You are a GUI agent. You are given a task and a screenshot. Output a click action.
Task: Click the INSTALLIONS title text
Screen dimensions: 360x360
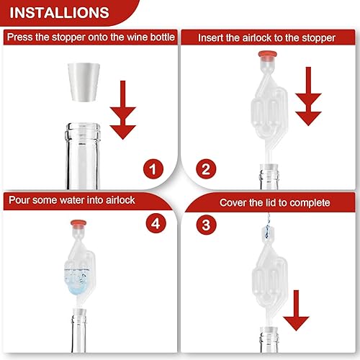59,13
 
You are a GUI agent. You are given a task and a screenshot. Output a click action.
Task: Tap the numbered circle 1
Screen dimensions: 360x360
153,169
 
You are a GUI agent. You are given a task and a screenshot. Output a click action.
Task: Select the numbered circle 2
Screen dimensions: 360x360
206,169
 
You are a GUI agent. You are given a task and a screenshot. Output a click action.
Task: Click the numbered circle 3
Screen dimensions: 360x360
206,225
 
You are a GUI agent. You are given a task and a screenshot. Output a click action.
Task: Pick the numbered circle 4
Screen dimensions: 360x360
156,224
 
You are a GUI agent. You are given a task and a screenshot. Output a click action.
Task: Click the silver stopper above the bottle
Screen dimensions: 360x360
84,82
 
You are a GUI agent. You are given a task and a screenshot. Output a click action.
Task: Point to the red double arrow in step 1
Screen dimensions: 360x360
123,110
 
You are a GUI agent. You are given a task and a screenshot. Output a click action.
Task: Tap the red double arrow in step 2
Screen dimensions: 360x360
308,96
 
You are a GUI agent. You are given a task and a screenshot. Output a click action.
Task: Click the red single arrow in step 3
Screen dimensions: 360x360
296,310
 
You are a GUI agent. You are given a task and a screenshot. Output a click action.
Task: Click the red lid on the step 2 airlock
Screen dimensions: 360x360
268,55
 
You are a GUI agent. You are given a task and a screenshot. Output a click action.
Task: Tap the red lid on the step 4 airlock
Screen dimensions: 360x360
78,223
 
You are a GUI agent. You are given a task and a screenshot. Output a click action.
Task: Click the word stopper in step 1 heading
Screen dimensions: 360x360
68,37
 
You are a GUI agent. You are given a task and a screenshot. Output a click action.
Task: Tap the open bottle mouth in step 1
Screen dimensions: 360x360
84,126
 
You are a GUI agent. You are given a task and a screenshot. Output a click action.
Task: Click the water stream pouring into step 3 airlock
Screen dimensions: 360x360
268,225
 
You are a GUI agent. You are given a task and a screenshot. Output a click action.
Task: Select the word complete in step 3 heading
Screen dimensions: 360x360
310,203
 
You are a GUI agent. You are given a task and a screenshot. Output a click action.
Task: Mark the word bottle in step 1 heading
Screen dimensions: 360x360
163,37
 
